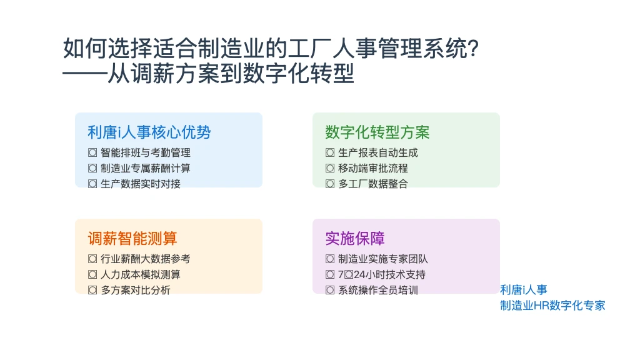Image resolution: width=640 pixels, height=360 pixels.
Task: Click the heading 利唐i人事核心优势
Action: pos(149,132)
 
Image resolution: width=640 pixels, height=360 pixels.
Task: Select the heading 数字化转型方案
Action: pos(377,132)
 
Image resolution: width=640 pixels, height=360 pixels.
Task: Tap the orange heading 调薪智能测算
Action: pos(132,238)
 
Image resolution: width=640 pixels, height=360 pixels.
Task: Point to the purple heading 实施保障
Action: pos(355,238)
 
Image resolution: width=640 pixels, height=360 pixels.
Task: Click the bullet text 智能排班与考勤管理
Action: pos(145,152)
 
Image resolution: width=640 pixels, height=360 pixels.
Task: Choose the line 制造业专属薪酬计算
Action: pos(145,168)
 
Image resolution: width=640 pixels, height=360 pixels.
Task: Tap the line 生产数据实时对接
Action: pos(141,184)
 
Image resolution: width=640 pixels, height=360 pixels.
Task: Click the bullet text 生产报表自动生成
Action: pos(378,152)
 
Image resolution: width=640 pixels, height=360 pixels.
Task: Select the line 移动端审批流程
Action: pos(373,168)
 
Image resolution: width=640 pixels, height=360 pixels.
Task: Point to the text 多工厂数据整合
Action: pos(373,184)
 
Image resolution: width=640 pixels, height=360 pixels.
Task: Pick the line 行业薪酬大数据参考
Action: pos(145,259)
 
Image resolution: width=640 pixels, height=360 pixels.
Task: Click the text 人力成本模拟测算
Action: pos(141,274)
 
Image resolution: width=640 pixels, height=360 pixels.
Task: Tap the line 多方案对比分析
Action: pos(136,290)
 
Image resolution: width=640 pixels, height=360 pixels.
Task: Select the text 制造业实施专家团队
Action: pos(383,259)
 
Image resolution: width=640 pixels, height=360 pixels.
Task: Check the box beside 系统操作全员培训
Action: pos(330,290)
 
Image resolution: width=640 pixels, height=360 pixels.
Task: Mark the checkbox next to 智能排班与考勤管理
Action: pos(92,152)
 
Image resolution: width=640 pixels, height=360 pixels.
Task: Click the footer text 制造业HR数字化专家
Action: pos(552,305)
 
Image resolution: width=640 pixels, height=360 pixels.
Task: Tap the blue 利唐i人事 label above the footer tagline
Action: pos(524,290)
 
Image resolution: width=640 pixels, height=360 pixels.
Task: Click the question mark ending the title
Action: pos(474,49)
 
